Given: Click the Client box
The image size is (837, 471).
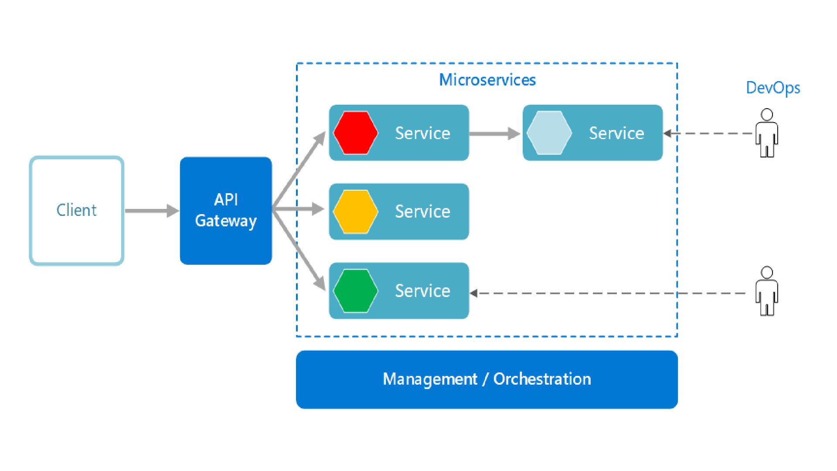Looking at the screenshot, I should pyautogui.click(x=77, y=211).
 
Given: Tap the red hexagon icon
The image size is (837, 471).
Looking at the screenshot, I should pyautogui.click(x=355, y=133).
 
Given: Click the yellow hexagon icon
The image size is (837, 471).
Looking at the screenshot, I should pyautogui.click(x=355, y=212).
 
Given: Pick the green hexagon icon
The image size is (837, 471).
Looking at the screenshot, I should pyautogui.click(x=355, y=290).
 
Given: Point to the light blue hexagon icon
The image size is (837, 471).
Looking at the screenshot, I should pyautogui.click(x=549, y=133).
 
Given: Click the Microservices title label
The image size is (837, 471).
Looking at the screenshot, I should pyautogui.click(x=487, y=80).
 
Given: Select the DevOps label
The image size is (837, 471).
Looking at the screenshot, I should pyautogui.click(x=773, y=88).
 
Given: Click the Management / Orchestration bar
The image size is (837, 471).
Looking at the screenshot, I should pyautogui.click(x=487, y=379).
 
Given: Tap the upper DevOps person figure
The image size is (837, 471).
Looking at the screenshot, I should pyautogui.click(x=766, y=133).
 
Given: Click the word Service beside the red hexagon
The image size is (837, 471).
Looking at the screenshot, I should pyautogui.click(x=422, y=133).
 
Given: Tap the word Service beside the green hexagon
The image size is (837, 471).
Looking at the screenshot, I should pyautogui.click(x=422, y=291).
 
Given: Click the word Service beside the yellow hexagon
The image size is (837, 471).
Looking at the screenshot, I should pyautogui.click(x=422, y=212).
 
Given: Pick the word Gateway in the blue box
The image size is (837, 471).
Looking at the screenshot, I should pyautogui.click(x=226, y=221).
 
